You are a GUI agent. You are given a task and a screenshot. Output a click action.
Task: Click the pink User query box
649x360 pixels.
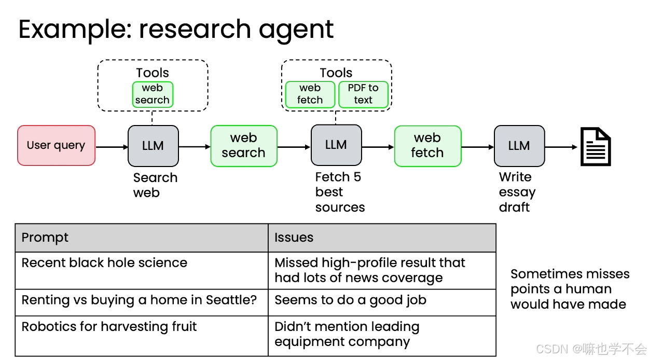56,145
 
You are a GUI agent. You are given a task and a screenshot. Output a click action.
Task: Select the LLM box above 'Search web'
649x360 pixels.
153,146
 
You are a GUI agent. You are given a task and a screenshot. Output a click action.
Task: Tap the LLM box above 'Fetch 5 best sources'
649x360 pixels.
336,145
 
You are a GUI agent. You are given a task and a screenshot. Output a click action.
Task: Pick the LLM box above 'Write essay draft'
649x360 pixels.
519,146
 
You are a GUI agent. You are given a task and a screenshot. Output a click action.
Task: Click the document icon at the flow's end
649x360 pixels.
596,147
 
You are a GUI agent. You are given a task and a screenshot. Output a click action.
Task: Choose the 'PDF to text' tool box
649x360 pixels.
363,94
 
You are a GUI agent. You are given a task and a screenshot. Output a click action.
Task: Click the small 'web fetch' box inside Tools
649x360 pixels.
310,94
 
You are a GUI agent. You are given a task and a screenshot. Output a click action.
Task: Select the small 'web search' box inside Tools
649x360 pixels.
153,94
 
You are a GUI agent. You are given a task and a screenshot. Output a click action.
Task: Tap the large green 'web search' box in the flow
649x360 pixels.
244,146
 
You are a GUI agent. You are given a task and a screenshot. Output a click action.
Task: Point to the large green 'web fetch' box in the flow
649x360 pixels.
427,146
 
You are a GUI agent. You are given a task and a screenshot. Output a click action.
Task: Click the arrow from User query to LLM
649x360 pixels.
112,147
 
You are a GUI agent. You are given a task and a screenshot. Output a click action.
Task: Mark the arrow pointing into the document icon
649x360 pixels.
561,147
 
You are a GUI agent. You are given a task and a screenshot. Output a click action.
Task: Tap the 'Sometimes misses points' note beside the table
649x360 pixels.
570,289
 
